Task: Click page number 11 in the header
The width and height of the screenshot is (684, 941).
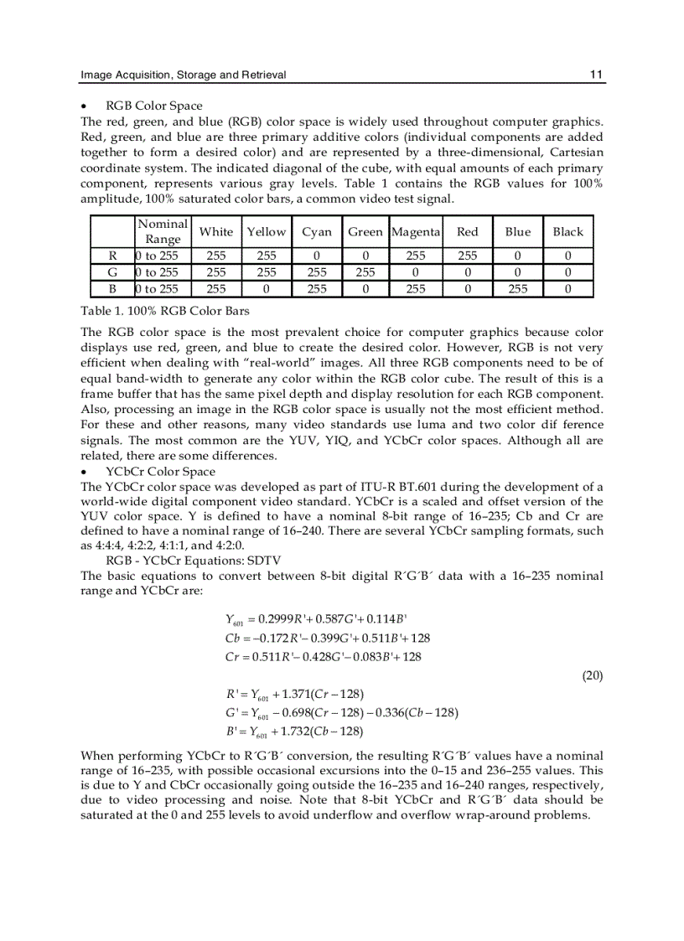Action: [x=596, y=75]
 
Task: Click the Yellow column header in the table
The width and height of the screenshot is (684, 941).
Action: [x=267, y=231]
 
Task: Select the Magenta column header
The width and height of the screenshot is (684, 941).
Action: [x=416, y=231]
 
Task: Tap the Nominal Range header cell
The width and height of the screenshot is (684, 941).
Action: [x=163, y=231]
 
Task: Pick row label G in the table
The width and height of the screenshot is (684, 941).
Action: [x=112, y=272]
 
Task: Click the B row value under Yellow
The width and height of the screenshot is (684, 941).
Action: [x=267, y=289]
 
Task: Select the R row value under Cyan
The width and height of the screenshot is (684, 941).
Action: [x=317, y=256]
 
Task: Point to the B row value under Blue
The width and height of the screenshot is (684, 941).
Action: [x=517, y=289]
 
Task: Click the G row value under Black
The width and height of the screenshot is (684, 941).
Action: [x=567, y=272]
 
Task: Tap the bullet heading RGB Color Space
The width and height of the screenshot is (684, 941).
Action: [x=153, y=106]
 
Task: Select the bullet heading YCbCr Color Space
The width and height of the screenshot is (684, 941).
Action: [x=160, y=472]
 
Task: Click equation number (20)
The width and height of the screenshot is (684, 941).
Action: [x=593, y=675]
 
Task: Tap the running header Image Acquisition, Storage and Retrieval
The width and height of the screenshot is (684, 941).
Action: [x=183, y=75]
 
